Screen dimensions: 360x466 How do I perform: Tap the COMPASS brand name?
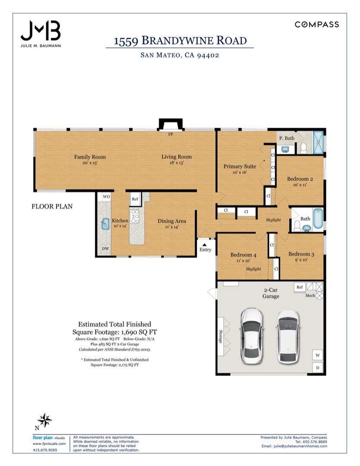[316, 24]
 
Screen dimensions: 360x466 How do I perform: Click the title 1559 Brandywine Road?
[180, 41]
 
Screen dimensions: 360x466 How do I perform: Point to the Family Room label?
[90, 157]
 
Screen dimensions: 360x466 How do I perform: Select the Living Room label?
[176, 157]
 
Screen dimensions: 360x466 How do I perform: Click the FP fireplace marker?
[170, 134]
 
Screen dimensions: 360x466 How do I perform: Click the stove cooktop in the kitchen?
[135, 216]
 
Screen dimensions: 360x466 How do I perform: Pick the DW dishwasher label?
[106, 249]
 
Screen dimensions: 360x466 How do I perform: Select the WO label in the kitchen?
[106, 196]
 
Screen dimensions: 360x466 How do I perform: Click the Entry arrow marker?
[204, 245]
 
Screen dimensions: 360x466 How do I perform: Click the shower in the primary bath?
[318, 142]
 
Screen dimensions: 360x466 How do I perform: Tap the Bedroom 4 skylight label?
[253, 269]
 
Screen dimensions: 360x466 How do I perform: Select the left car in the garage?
[251, 336]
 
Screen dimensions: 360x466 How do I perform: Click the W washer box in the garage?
[317, 355]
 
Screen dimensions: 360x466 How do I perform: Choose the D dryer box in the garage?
[317, 368]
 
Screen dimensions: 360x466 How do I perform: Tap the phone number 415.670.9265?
[45, 450]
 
